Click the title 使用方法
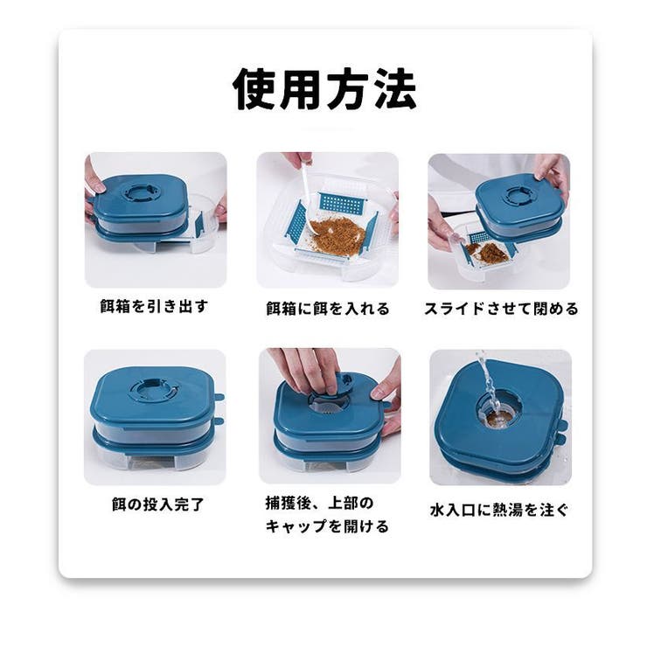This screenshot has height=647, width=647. [324, 88]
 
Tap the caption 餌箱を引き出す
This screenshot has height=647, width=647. [155, 306]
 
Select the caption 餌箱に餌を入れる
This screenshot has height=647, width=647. [328, 309]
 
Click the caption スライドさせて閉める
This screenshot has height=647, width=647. [501, 309]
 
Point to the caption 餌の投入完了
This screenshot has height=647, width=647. [158, 504]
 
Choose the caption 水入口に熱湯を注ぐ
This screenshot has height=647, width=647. [499, 510]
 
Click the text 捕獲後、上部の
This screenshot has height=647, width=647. [319, 503]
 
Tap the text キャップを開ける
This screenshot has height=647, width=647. [327, 526]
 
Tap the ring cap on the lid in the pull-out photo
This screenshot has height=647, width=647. [140, 191]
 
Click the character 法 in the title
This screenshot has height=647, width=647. [395, 88]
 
